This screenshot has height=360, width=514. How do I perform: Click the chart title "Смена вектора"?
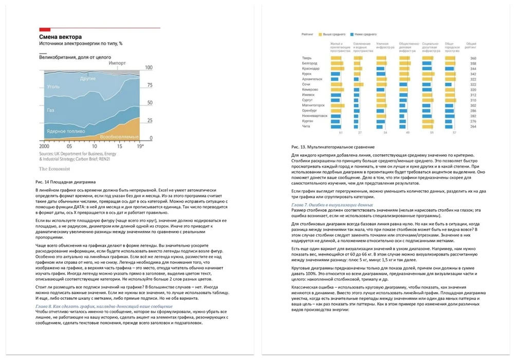pos(61,37)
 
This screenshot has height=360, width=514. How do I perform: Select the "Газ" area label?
pos(50,110)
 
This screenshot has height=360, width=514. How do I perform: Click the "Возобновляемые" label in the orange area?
pos(119,137)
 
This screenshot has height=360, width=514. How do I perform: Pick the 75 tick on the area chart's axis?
pos(150,85)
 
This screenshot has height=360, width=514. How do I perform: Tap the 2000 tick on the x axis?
pos(45,146)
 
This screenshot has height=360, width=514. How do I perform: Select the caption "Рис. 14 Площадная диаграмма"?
pos(66,182)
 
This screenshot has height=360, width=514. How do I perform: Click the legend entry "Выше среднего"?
pos(334,34)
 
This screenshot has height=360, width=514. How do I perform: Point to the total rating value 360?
pos(473,58)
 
